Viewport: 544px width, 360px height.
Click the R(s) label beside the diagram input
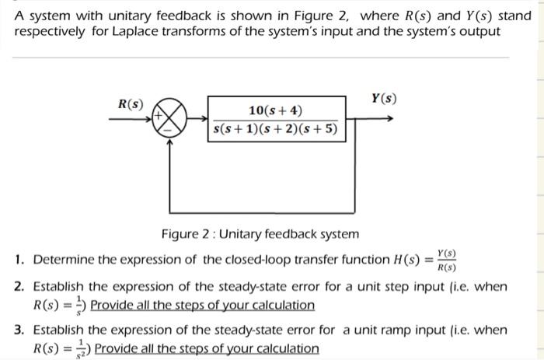click(x=130, y=104)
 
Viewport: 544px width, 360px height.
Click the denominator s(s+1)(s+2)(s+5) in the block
click(x=276, y=129)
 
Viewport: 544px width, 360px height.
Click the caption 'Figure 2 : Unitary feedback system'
click(x=260, y=233)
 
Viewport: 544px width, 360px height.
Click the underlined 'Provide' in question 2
click(x=113, y=305)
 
